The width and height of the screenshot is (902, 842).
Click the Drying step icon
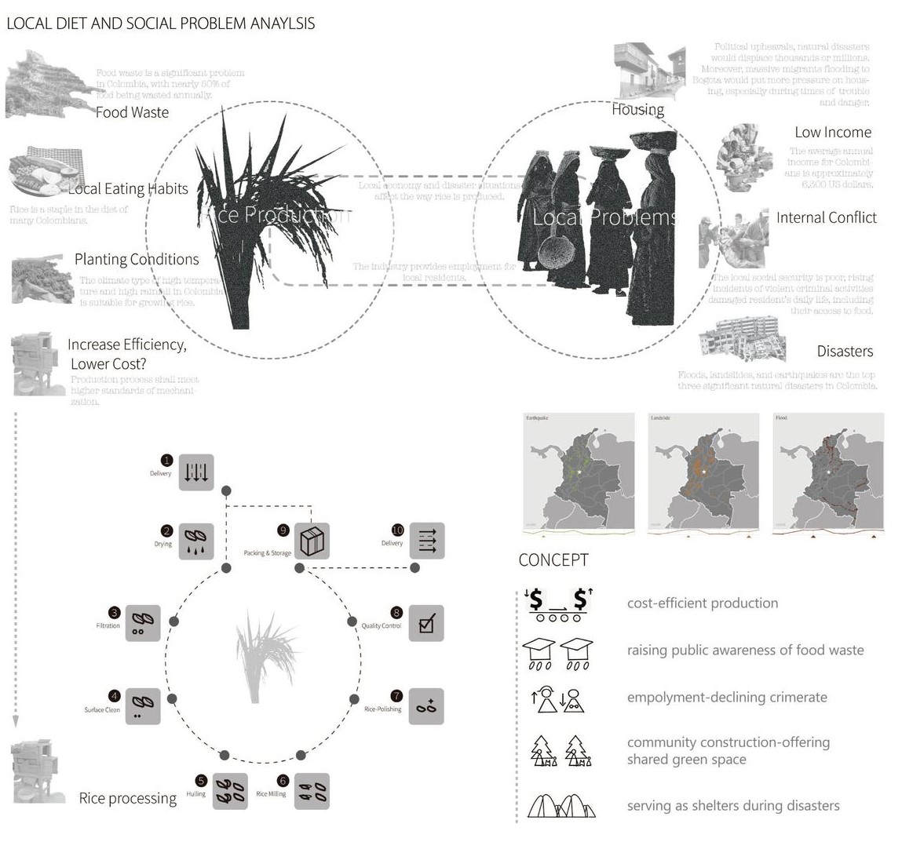196,541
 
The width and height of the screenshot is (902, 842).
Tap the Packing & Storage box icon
312,541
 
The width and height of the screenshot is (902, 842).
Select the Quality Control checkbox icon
426,624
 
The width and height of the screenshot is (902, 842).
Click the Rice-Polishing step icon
426,706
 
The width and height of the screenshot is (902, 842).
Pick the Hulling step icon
229,791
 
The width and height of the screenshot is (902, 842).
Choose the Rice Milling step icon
312,791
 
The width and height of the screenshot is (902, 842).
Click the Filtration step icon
143,623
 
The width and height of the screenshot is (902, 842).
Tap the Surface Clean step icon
143,706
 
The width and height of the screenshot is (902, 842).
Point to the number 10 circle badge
397,530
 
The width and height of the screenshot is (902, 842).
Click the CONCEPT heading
553,560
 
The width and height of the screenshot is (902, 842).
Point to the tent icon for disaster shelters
561,806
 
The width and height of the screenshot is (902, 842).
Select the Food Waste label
132,112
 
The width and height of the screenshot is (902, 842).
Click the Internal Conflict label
826,218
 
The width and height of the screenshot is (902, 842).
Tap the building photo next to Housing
648,72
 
